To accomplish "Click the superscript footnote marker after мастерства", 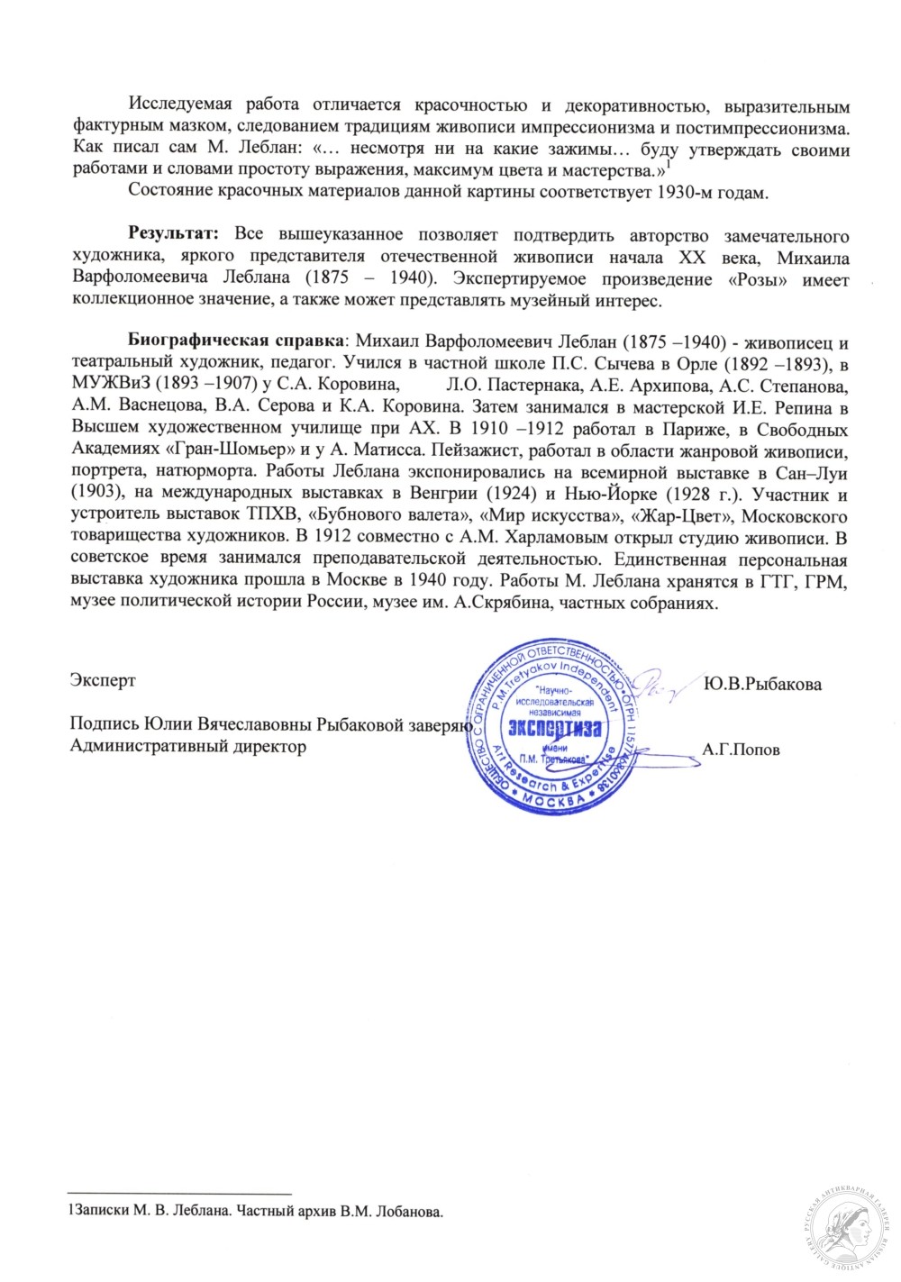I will coord(669,165).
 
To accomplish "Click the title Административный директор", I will coord(187,747).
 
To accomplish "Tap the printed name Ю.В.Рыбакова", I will coord(762,685).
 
